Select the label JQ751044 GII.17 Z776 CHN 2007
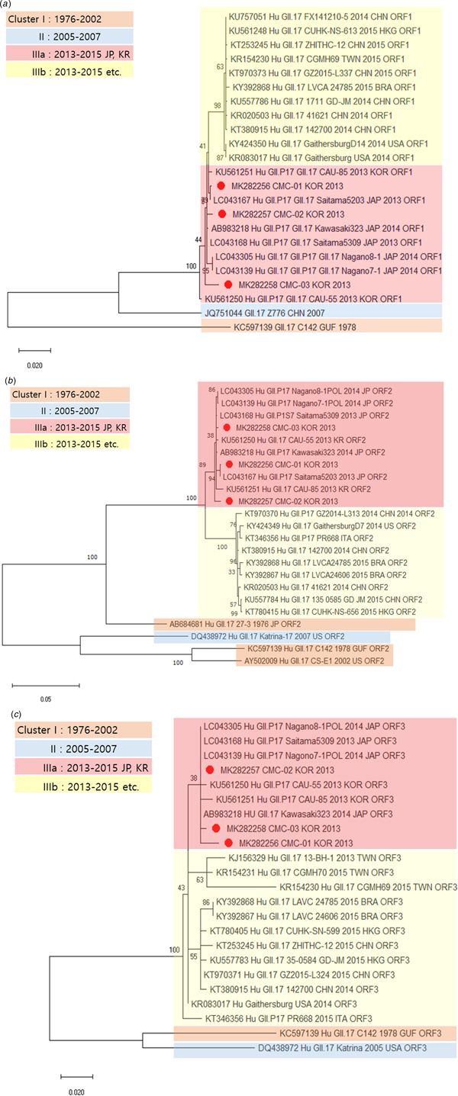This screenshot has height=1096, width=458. click(x=268, y=310)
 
